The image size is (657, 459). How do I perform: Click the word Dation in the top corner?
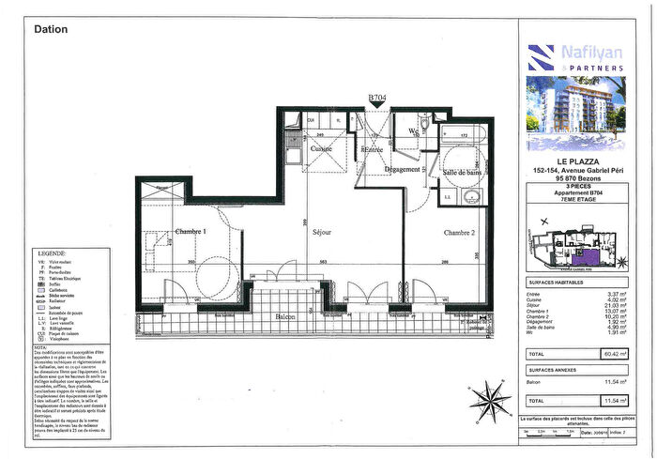point(51,28)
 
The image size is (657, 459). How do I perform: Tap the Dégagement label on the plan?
point(402,169)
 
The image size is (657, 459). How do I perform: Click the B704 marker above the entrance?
point(377,97)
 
